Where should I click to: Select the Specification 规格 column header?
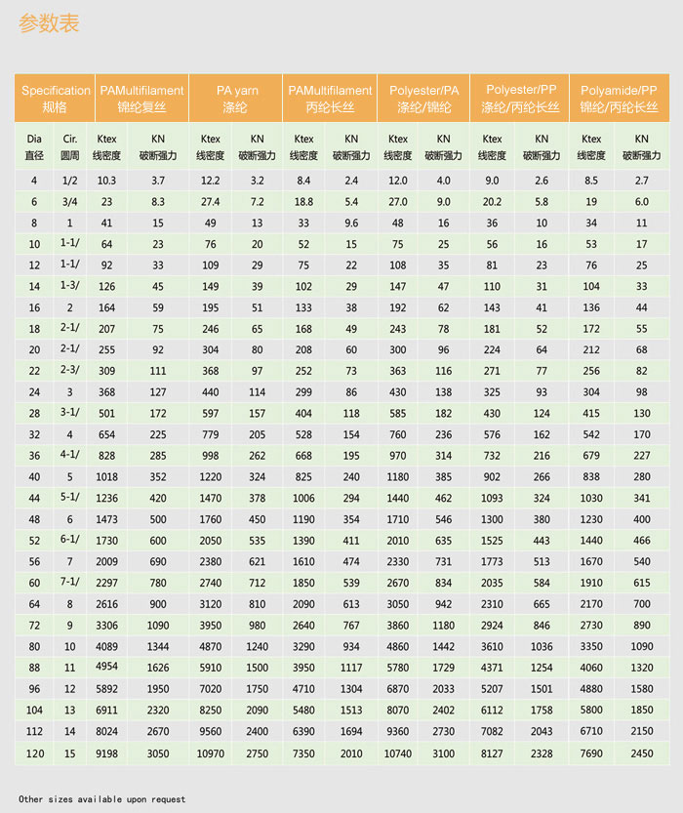point(56,98)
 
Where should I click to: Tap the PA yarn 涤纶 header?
point(235,98)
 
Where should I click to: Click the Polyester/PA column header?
point(424,98)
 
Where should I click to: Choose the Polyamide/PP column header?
point(618,98)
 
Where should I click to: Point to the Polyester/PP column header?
point(521,98)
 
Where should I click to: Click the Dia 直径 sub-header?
point(34,146)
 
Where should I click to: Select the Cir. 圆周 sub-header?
point(70,146)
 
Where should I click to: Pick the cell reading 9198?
point(106,753)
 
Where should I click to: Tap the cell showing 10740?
point(398,753)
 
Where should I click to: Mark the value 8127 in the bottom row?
point(493,753)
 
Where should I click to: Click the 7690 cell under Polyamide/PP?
point(591,753)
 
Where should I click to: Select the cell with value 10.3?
point(106,181)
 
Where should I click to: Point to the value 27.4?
point(210,202)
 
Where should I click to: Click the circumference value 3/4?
point(70,202)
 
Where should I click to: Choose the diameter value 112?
point(34,732)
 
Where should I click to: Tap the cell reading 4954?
point(106,666)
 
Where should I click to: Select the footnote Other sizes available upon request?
point(101,799)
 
